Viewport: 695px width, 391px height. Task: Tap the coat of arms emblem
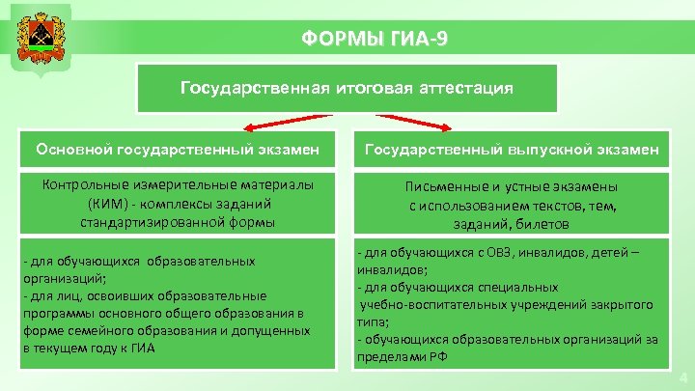(x=38, y=39)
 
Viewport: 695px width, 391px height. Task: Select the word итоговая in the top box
(x=372, y=88)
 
